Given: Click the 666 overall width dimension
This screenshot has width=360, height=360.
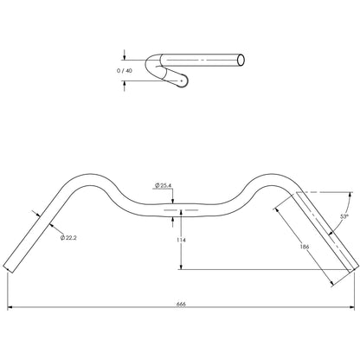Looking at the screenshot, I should click(x=180, y=305).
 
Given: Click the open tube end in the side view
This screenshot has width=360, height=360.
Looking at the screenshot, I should click(x=242, y=59).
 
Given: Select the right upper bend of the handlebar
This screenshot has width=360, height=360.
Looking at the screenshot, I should click(x=275, y=177).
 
